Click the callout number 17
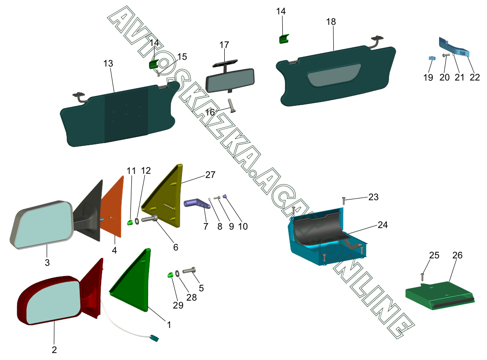pyautogui.click(x=224, y=45)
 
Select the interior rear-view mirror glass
pyautogui.click(x=230, y=80)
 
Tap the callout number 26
pyautogui.click(x=457, y=256)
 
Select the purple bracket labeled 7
pyautogui.click(x=197, y=204)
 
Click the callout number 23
pyautogui.click(x=373, y=197)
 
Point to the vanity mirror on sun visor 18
pyautogui.click(x=335, y=75)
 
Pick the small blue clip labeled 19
pyautogui.click(x=431, y=58)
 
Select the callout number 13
pyautogui.click(x=108, y=64)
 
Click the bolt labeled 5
pyautogui.click(x=190, y=270)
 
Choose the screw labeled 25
pyautogui.click(x=423, y=277)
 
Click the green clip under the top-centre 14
pyautogui.click(x=283, y=39)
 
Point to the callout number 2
pyautogui.click(x=54, y=350)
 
